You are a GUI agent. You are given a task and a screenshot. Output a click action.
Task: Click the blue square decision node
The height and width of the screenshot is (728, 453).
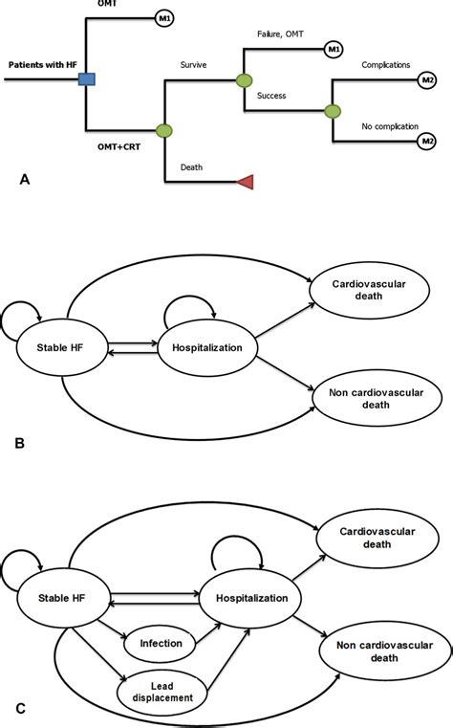pos(86,79)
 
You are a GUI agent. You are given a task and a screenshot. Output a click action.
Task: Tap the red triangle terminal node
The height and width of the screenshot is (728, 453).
pos(245,182)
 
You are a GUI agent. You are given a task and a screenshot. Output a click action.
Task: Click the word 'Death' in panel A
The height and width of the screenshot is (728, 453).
pos(190,168)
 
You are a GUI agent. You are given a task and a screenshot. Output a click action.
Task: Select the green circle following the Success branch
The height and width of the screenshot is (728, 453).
pos(332,111)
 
